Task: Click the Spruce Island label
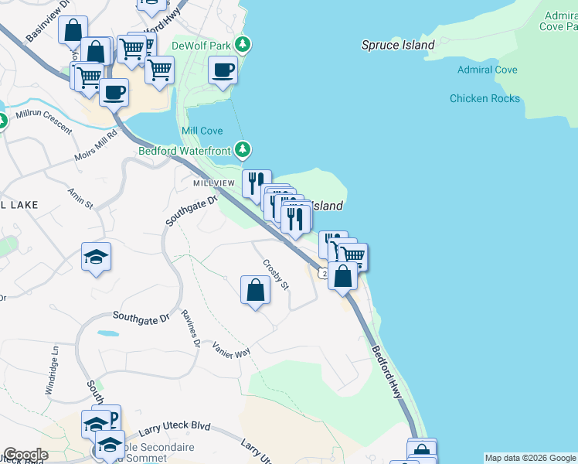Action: coord(398,45)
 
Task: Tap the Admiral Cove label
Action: coord(487,70)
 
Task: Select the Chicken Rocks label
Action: coord(484,98)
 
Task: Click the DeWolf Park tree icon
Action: coord(243,44)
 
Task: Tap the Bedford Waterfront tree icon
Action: coord(243,148)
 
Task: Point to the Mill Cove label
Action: coord(202,131)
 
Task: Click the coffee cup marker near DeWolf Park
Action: coord(223,71)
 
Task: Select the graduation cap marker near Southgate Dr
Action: coord(97,258)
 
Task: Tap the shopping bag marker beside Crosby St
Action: coord(255,291)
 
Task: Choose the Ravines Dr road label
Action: coord(191,328)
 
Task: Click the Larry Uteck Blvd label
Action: coord(175,430)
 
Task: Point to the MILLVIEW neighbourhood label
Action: coord(214,183)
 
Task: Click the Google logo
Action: coord(25,455)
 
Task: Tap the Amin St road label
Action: coord(80,198)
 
